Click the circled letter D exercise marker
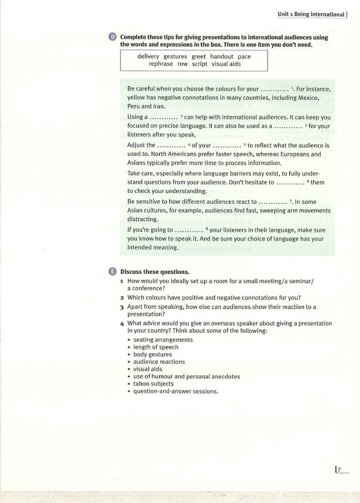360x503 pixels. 113,37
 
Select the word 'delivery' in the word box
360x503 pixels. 148,57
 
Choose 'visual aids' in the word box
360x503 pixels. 226,65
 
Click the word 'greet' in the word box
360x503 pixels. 199,57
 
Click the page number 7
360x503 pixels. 339,470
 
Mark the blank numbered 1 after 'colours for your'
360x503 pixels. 275,90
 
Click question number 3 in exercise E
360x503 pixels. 123,307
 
